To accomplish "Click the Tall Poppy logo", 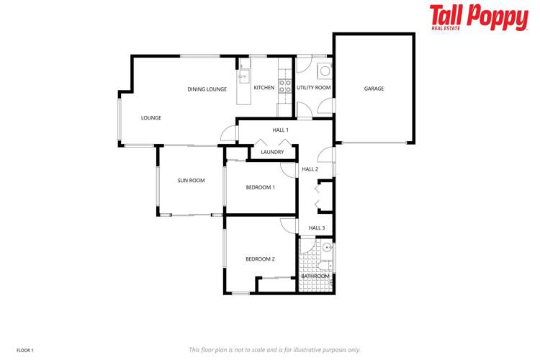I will (x=478, y=17).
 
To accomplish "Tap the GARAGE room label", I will (x=374, y=89).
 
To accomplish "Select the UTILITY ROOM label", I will (x=313, y=88).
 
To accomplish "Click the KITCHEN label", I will (x=264, y=88).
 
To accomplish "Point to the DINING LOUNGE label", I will (x=207, y=89).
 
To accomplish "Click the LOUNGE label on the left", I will (x=151, y=118).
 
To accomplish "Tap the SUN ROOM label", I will (x=191, y=181).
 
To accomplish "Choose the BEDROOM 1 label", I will (x=260, y=187).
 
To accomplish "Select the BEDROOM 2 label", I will (x=260, y=259).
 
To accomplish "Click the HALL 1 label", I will (x=280, y=130).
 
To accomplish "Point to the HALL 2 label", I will (x=310, y=169).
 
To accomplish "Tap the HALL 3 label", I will (x=317, y=228).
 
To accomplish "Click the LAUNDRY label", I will (x=272, y=152).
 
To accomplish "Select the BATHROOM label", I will (x=315, y=276).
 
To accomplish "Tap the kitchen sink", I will (x=243, y=75).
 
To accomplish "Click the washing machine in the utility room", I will (x=325, y=71).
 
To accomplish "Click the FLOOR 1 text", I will (x=24, y=350).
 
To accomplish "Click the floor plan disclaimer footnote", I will (x=274, y=350).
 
